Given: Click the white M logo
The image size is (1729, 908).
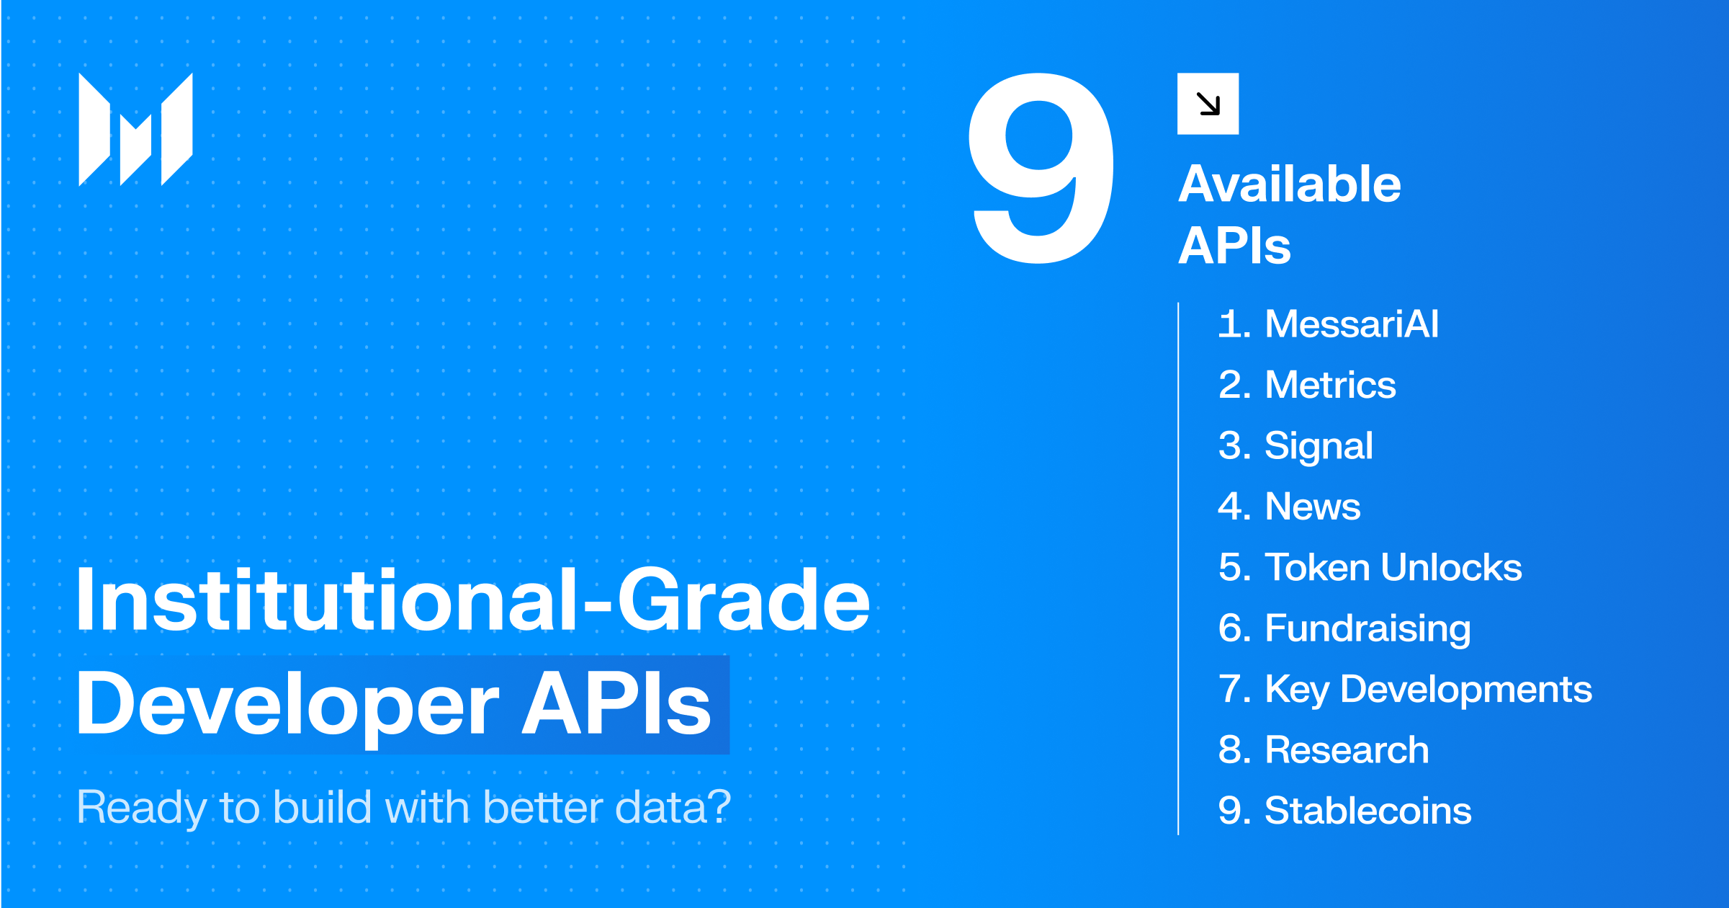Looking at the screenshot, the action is pos(135,130).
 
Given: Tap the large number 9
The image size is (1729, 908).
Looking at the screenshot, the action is pos(1041,168).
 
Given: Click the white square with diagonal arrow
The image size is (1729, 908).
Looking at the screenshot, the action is pos(1208,104).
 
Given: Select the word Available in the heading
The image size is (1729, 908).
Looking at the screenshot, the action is pos(1290,184).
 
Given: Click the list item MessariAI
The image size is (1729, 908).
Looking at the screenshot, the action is pos(1329,324).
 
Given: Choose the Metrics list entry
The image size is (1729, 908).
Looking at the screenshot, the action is pos(1307,384).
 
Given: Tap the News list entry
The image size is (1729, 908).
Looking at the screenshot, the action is pos(1289,506).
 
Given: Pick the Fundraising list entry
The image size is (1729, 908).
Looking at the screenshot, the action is pos(1344,629).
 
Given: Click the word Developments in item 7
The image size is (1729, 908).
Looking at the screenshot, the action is pos(1466,690).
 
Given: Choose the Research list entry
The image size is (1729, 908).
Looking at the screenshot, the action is pos(1324,749).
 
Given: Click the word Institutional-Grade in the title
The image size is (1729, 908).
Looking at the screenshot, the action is pos(473,600).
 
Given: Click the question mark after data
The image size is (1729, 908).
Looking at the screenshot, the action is pos(716,806).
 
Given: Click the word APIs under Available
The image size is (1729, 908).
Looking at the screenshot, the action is pos(1234,246).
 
